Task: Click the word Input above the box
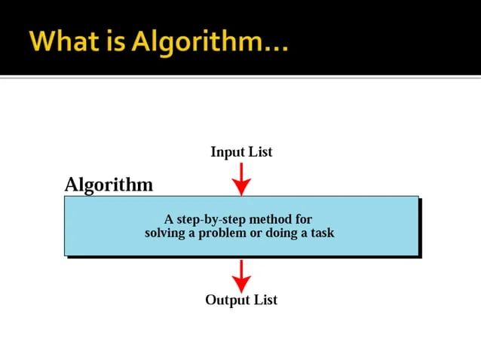227,152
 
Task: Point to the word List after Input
260,152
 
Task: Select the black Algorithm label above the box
109,185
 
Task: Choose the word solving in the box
165,233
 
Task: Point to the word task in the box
322,233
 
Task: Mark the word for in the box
304,220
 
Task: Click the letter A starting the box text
170,220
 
